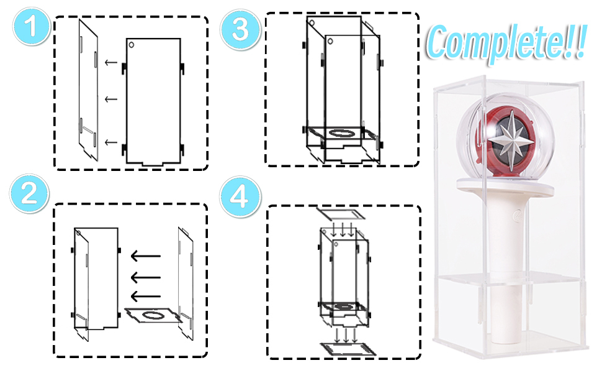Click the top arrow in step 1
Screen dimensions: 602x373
point(111,62)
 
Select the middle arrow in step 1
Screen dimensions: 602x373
point(111,99)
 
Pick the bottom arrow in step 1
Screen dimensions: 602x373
point(111,142)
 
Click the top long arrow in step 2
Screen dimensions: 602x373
point(145,256)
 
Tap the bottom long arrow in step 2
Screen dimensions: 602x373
point(145,297)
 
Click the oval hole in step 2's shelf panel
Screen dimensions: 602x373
point(153,315)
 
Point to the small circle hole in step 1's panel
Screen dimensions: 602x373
point(132,45)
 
